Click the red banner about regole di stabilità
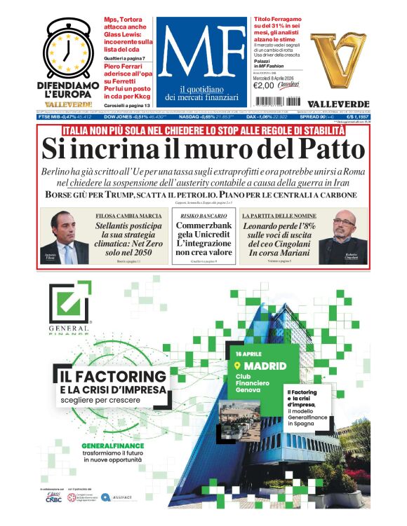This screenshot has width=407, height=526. [x=203, y=130]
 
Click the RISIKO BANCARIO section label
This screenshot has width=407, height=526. [x=203, y=216]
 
